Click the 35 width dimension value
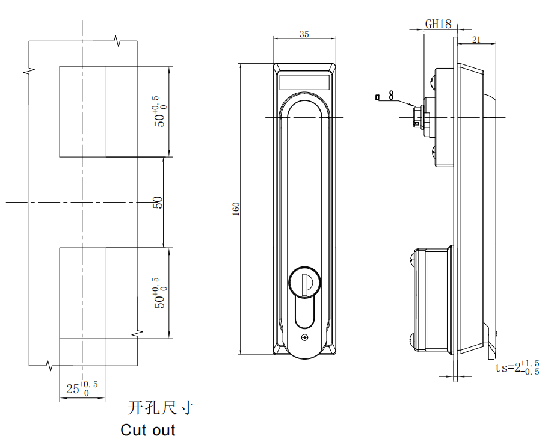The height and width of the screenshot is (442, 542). (x=304, y=34)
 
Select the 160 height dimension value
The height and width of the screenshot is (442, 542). (x=236, y=209)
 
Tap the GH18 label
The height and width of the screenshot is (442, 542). (x=438, y=24)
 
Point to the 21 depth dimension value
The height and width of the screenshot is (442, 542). (x=476, y=40)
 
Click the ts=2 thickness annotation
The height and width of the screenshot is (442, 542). (x=517, y=367)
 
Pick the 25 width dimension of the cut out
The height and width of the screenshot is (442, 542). (x=82, y=388)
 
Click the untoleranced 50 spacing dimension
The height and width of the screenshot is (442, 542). (x=158, y=203)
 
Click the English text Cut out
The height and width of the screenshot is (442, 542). (x=147, y=430)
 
